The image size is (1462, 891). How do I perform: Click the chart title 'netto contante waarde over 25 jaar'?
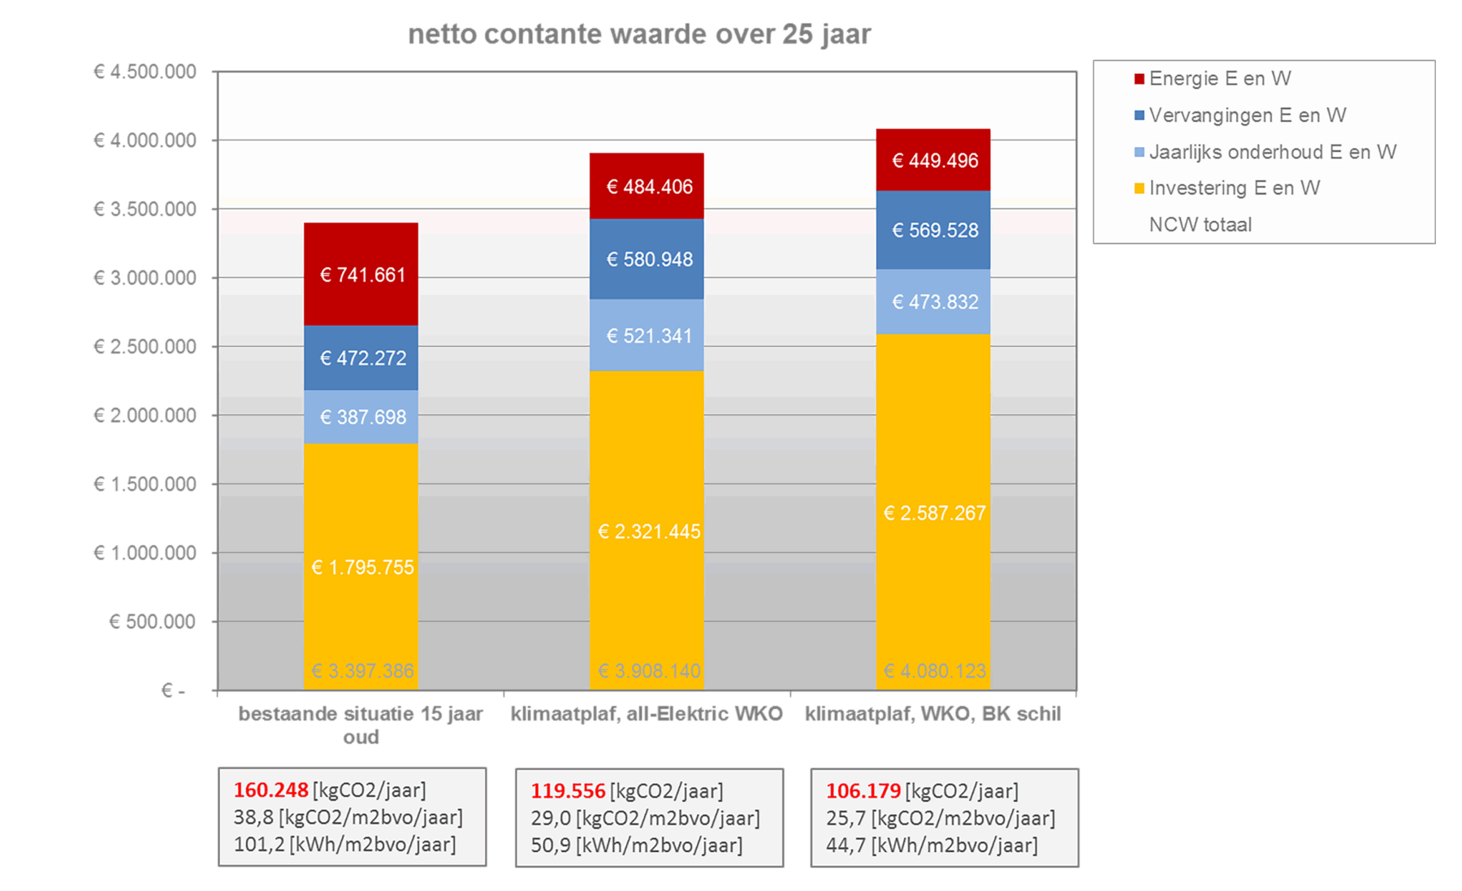point(639,35)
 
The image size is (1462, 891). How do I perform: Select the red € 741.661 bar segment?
point(361,274)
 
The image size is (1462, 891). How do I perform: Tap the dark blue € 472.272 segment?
point(361,357)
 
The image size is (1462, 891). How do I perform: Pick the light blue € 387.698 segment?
point(361,417)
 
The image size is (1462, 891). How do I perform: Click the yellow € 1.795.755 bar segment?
point(361,566)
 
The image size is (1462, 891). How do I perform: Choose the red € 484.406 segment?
point(647,186)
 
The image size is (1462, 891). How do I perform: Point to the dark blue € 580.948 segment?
point(647,259)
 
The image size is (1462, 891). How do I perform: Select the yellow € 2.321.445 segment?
point(647,531)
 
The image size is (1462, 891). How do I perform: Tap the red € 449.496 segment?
point(933,160)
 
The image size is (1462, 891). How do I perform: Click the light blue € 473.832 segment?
point(933,301)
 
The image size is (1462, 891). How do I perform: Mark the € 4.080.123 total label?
point(934,671)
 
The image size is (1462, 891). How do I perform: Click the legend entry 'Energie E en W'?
point(1219,79)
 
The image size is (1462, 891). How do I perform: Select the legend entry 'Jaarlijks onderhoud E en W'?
point(1272,152)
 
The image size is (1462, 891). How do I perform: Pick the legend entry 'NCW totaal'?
point(1200,225)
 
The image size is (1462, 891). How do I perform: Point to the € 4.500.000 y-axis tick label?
point(145,71)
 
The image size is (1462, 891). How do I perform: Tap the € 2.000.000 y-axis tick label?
point(145,415)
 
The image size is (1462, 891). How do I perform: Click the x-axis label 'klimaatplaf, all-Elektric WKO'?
point(647,714)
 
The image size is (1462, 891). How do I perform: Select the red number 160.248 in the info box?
point(271,790)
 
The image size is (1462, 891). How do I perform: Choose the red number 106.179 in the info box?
point(863,791)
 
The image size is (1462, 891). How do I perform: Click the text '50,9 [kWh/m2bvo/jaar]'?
point(637,846)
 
